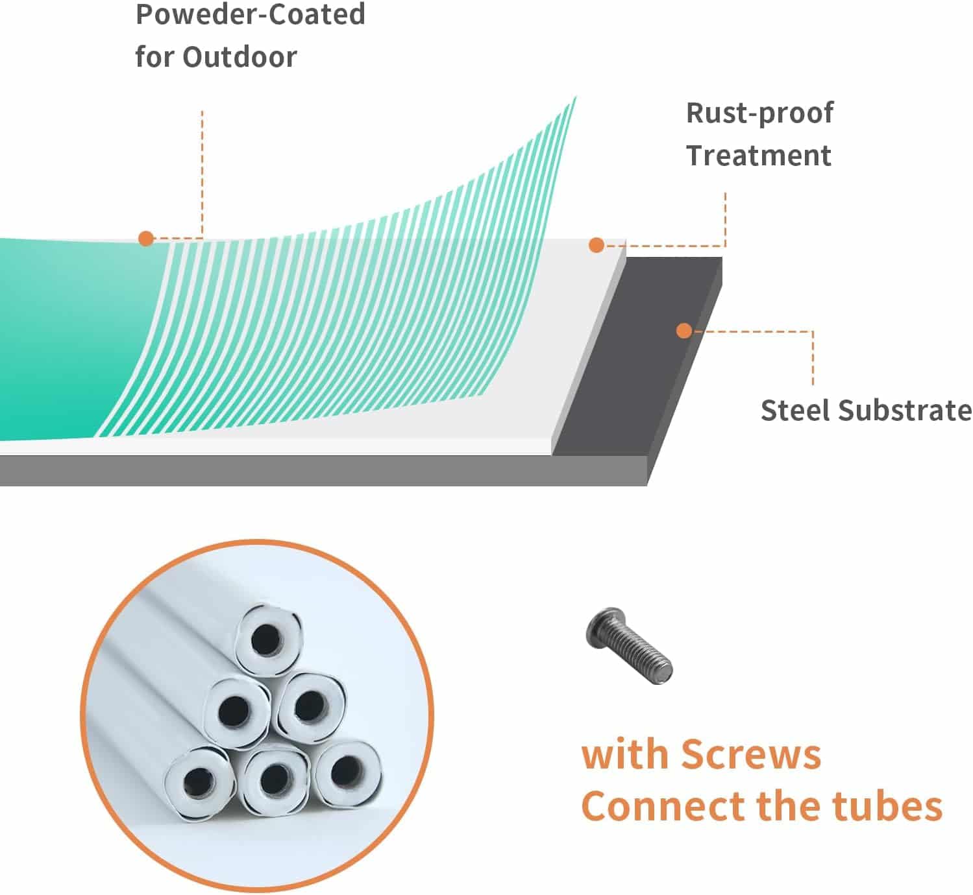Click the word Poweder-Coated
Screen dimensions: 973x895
click(x=251, y=14)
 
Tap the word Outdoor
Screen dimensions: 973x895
click(x=240, y=57)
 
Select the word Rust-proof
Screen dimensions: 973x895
click(x=759, y=114)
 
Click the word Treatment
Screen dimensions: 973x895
click(x=759, y=155)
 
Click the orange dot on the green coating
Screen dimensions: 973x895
click(x=146, y=239)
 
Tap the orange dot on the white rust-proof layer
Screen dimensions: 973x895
click(x=597, y=245)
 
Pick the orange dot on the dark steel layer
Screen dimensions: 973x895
click(x=684, y=331)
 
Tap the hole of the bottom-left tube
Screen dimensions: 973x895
click(x=199, y=781)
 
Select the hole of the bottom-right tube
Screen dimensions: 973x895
click(x=347, y=769)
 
